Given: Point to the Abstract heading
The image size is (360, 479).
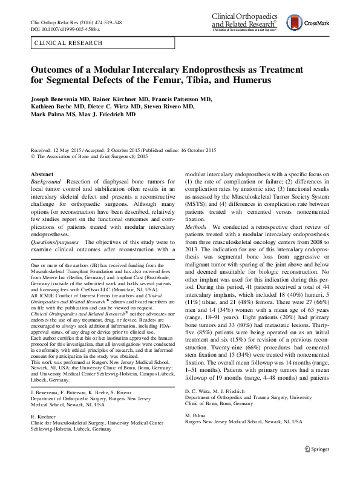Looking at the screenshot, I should click(42, 174).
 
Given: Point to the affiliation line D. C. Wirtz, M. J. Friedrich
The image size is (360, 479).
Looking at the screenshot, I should click(215, 409).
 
